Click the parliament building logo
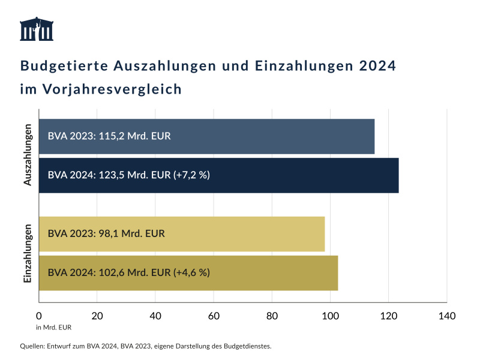click(37, 29)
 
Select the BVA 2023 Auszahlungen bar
click(206, 136)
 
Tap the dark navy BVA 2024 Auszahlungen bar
click(218, 175)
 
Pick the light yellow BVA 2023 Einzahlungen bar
click(182, 234)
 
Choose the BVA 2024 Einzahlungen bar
click(188, 273)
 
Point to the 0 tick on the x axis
click(39, 316)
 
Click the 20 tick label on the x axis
click(97, 316)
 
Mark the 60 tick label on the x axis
click(214, 316)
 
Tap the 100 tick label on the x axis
click(330, 316)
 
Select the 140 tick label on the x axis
click(446, 316)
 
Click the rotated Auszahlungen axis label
click(28, 155)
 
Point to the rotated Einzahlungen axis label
click(28, 253)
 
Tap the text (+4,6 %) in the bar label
click(191, 273)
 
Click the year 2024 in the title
click(377, 65)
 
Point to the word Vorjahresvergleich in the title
click(112, 89)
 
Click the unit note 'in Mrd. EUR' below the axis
click(53, 328)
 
